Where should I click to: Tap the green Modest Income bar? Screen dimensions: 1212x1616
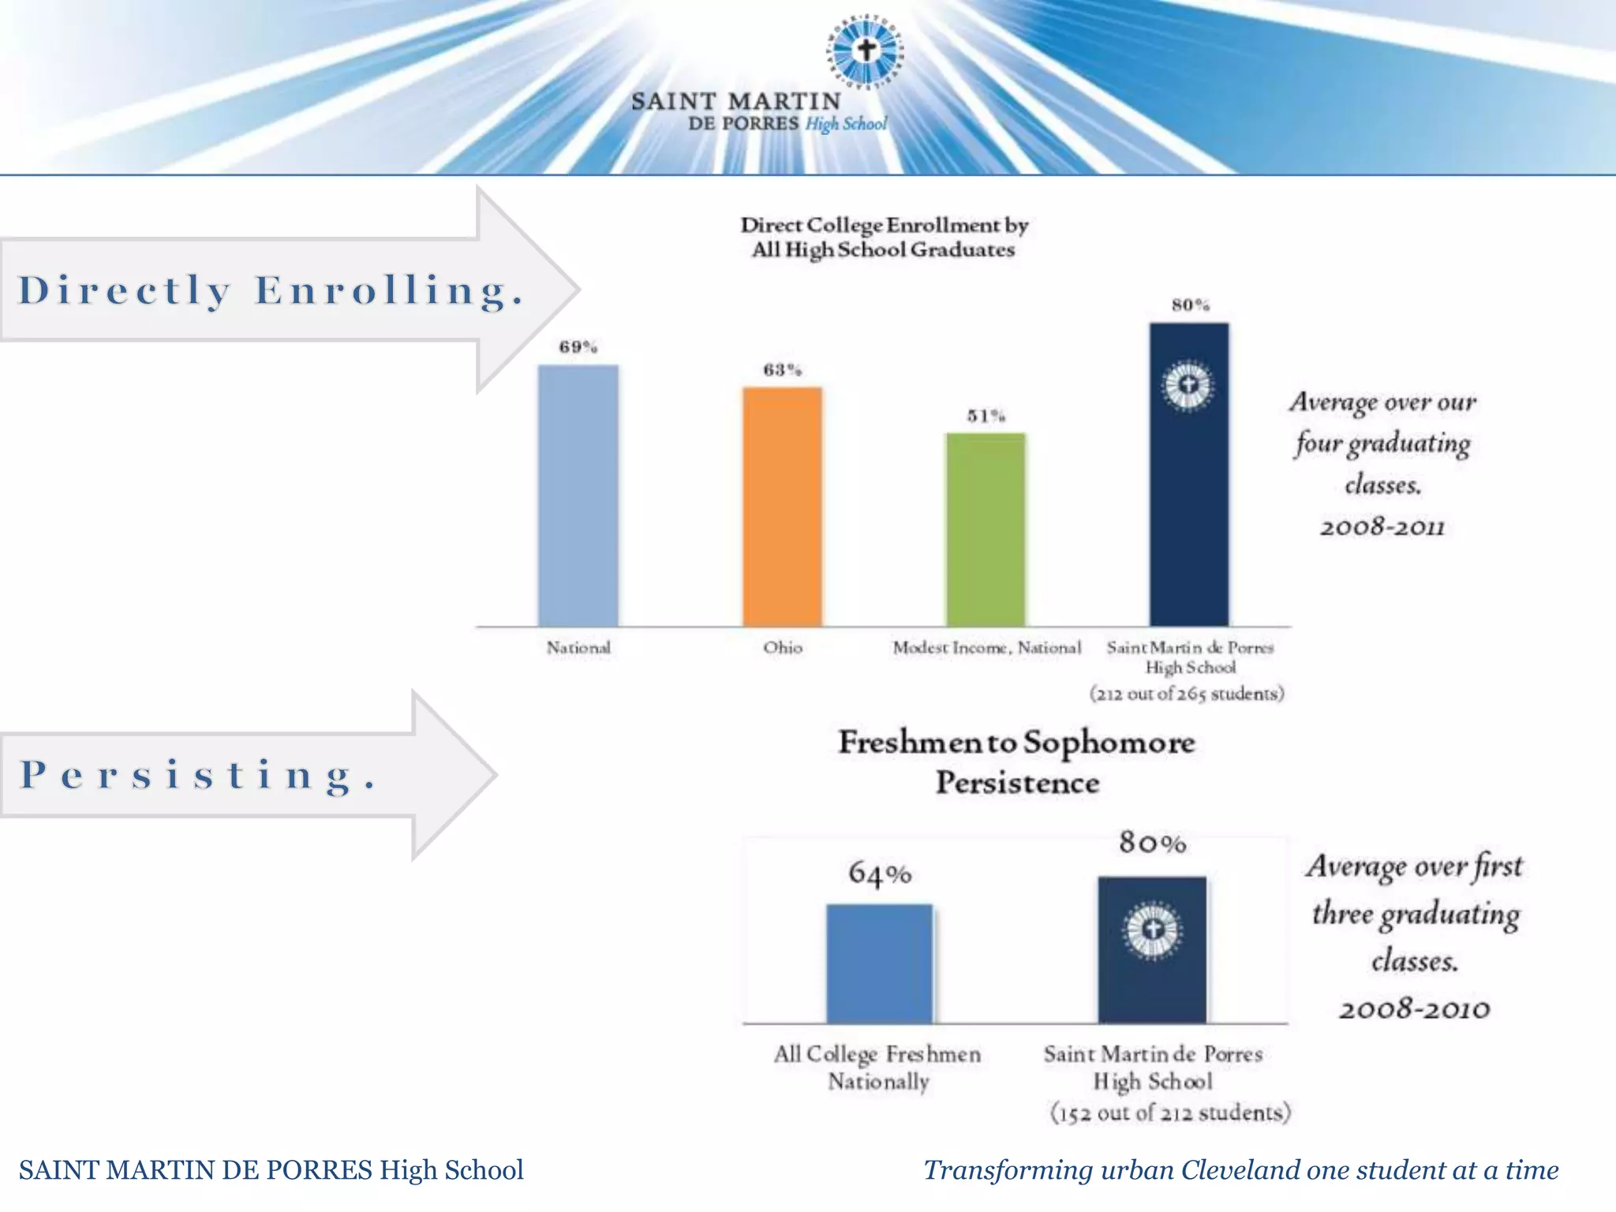point(986,529)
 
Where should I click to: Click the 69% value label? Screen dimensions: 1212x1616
point(578,347)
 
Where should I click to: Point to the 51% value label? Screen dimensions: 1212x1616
point(986,416)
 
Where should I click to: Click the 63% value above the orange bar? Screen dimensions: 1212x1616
point(782,370)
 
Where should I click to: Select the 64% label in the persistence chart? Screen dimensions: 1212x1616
point(880,873)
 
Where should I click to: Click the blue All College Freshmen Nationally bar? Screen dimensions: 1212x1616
point(879,963)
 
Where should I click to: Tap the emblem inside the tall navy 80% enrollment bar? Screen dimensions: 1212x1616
point(1188,386)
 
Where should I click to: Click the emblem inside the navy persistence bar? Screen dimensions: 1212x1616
point(1152,930)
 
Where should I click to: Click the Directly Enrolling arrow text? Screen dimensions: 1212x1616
point(271,290)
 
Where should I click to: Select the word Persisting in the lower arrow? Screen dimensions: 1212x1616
point(198,775)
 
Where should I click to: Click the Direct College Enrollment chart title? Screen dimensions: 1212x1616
point(884,237)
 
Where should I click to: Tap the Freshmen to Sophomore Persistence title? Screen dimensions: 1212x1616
point(1016,762)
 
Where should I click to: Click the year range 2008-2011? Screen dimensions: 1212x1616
point(1382,527)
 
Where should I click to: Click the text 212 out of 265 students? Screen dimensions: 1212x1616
point(1187,694)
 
